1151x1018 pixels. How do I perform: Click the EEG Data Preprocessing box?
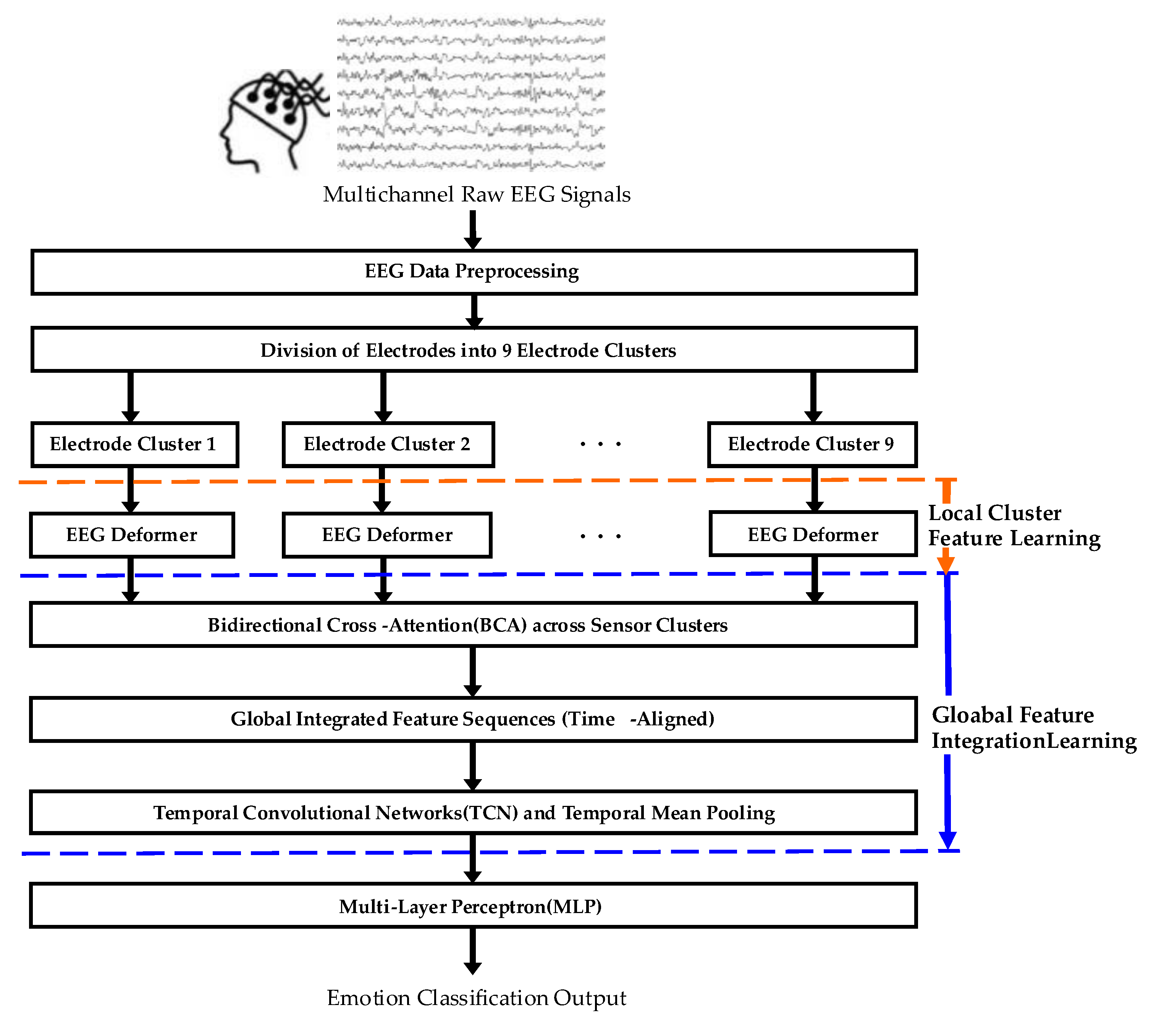click(x=473, y=272)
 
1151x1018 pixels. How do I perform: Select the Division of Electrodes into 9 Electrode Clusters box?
click(x=473, y=350)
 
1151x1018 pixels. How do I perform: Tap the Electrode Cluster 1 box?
click(x=134, y=444)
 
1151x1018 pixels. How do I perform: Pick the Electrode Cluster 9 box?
click(x=812, y=444)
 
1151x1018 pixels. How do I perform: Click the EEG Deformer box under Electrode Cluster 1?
click(x=132, y=535)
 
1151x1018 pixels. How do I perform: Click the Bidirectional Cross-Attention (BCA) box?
click(x=473, y=625)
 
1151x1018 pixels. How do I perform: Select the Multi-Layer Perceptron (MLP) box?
click(x=473, y=906)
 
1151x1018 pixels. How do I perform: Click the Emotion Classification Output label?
click(x=476, y=998)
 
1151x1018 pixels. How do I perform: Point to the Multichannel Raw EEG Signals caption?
click(x=476, y=195)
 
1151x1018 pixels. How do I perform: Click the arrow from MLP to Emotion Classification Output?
click(x=472, y=950)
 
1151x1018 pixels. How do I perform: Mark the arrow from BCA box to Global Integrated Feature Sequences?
click(x=472, y=671)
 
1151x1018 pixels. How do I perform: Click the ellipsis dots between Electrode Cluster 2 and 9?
click(x=600, y=444)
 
